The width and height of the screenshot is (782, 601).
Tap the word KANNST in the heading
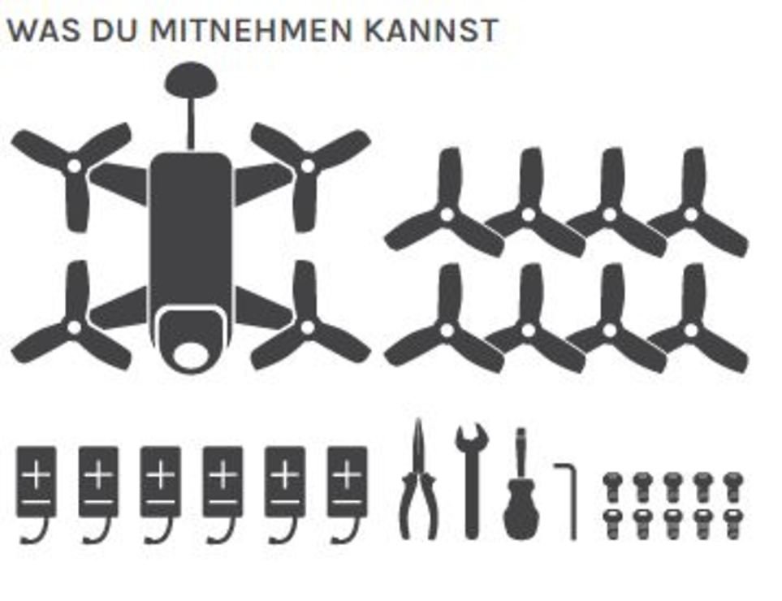click(431, 30)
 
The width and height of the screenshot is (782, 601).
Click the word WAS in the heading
click(43, 30)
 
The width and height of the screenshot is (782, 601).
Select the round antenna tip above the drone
click(191, 80)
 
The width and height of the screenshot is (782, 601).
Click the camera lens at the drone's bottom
click(191, 354)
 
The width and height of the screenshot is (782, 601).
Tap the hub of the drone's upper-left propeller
click(75, 166)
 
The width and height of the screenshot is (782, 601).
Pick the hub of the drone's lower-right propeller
click(308, 327)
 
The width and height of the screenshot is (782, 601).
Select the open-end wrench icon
click(471, 482)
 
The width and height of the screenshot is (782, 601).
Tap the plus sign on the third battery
click(160, 473)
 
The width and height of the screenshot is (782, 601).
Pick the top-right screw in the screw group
click(733, 486)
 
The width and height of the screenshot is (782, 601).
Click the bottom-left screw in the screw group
click(612, 524)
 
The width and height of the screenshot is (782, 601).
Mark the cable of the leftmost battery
click(36, 530)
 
